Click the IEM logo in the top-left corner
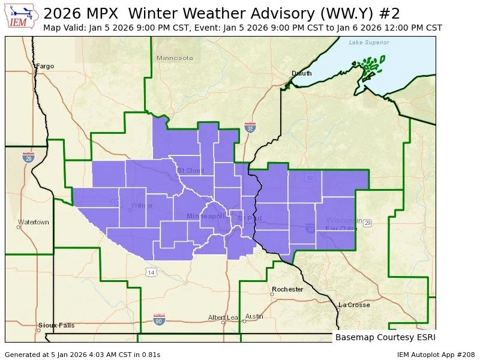coord(22,17)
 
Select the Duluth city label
coord(302,73)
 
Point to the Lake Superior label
coord(369,43)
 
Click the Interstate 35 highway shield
coord(250,127)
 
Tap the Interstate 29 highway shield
coord(28,157)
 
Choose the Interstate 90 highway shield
coord(159,319)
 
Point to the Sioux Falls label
coord(56,325)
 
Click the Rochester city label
coord(287,289)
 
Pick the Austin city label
coord(254,316)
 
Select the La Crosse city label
coord(354,305)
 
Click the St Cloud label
coord(190,170)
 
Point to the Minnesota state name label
coord(175,58)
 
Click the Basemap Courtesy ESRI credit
coord(385,337)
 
